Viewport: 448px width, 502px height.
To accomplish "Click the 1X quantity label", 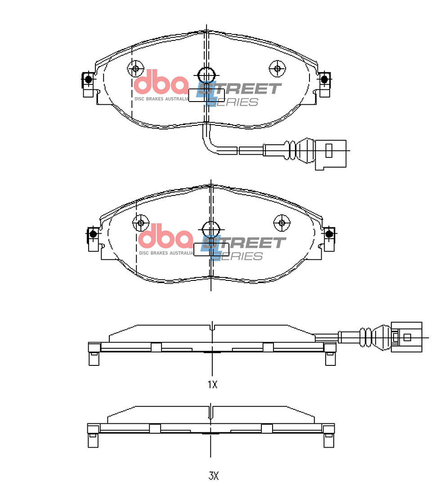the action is click(212, 385).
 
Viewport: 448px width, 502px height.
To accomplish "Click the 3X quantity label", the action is click(213, 476).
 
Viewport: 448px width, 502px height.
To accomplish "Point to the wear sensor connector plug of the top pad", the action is click(331, 154).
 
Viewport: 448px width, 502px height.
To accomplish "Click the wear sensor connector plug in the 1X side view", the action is click(407, 337).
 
